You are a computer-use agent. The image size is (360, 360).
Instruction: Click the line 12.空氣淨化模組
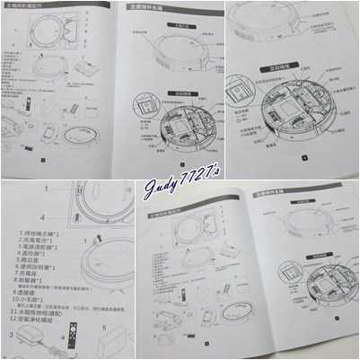pos(49,331)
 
